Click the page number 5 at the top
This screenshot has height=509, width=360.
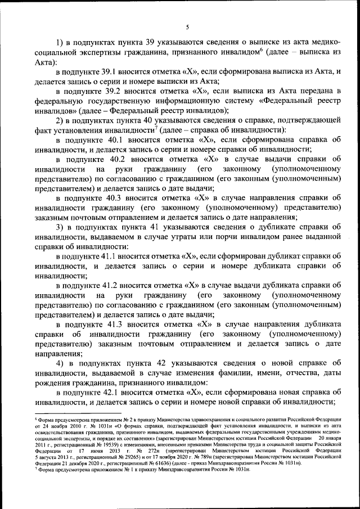187,26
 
